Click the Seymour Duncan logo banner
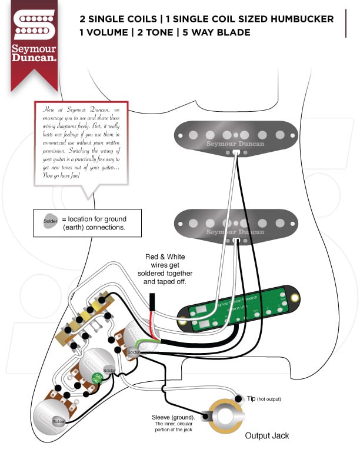(x=35, y=41)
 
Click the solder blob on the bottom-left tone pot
(x=58, y=421)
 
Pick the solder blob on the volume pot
(x=133, y=352)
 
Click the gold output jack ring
(x=226, y=417)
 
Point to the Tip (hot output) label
(x=263, y=399)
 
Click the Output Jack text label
(x=267, y=436)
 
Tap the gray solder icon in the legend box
(x=51, y=222)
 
